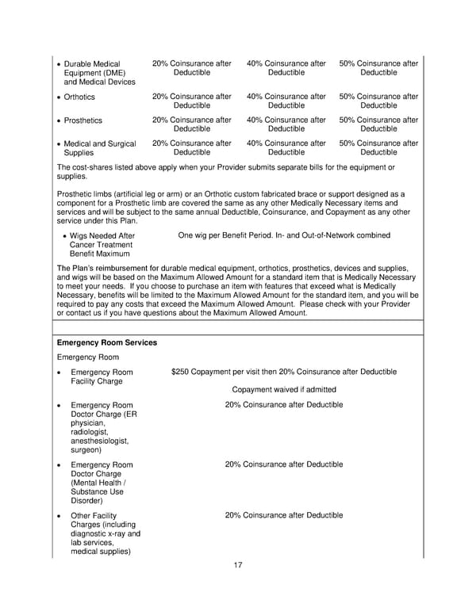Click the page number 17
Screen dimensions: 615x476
tap(238, 565)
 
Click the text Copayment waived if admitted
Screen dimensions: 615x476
tap(284, 389)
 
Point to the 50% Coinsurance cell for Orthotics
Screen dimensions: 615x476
tap(378, 101)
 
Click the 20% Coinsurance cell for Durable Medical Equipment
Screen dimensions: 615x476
tap(191, 68)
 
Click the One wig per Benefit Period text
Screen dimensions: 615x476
tap(284, 235)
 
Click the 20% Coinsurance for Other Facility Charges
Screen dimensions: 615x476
tap(284, 515)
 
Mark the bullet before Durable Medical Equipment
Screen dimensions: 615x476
tap(58, 64)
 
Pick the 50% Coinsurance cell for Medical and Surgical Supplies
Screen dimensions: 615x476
tap(378, 148)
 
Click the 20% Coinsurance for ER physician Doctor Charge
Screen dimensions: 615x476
tap(284, 405)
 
